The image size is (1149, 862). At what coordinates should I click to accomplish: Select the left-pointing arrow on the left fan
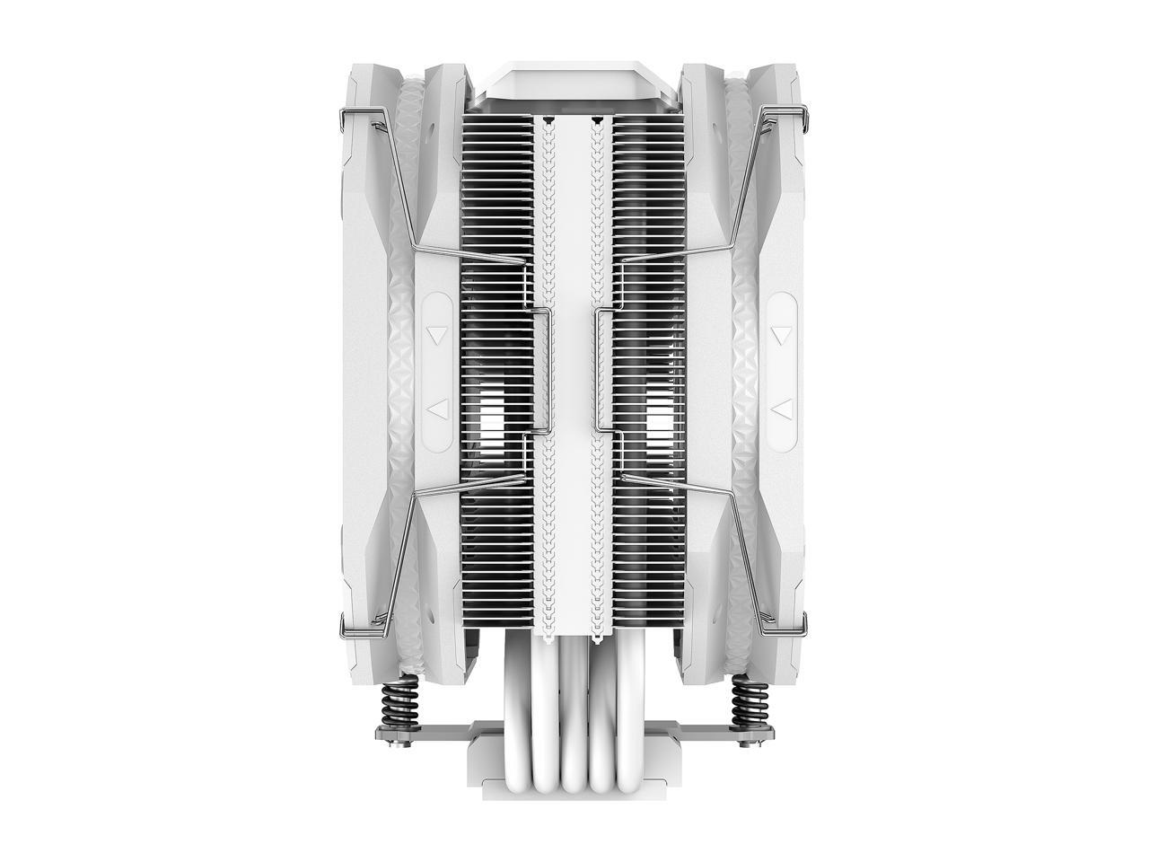tap(437, 409)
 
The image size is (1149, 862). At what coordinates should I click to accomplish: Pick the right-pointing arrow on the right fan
tap(783, 409)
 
